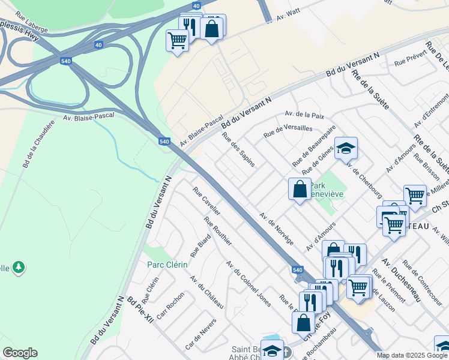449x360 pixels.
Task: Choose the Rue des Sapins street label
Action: coord(239,149)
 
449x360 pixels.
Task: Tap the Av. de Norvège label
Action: coord(276,228)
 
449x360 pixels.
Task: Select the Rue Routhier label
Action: coord(218,231)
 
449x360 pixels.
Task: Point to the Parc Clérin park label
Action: coord(167,265)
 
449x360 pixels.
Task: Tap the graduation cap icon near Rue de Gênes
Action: coord(346,148)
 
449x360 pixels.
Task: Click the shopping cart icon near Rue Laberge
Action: coord(177,40)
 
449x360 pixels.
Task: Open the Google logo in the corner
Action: coord(20,353)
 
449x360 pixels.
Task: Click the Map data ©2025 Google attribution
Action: coord(411,355)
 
